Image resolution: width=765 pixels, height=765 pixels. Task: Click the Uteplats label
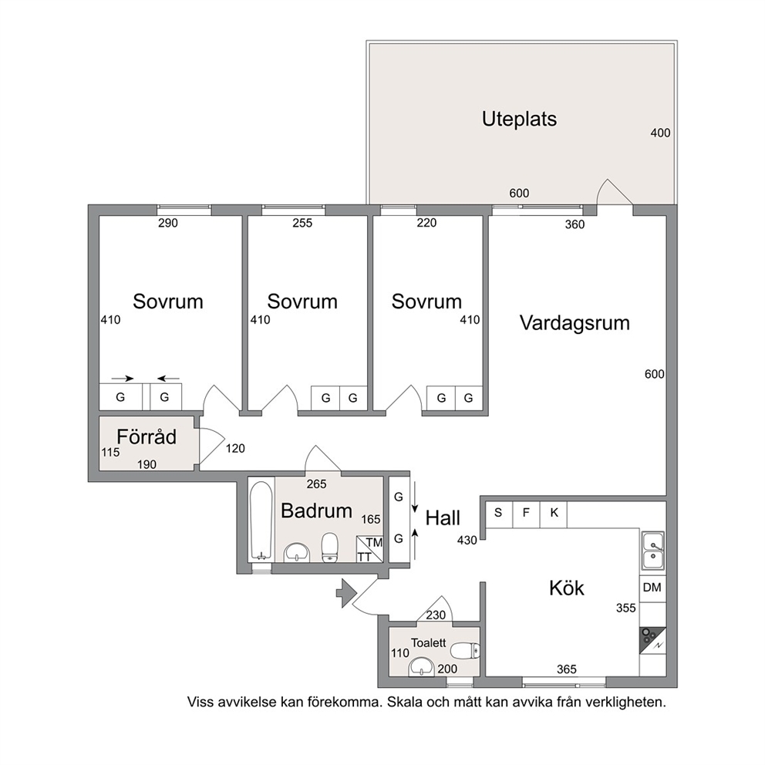[519, 119]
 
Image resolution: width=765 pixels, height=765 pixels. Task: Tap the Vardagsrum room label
[575, 323]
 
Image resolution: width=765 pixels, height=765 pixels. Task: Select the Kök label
[567, 588]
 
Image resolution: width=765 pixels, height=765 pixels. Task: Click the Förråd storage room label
[147, 436]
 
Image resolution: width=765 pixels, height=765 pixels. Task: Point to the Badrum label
[317, 511]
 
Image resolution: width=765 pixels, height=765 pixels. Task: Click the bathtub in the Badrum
[261, 521]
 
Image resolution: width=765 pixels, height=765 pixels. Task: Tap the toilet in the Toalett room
[465, 651]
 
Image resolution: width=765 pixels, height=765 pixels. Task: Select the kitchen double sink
[652, 551]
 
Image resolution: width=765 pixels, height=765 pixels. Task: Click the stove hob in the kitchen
[652, 640]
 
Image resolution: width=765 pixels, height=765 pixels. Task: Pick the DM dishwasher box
[652, 588]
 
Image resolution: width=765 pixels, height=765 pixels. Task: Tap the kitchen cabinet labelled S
[498, 514]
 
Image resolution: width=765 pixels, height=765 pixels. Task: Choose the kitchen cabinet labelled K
[554, 514]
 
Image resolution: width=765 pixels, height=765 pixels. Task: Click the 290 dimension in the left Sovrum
[168, 224]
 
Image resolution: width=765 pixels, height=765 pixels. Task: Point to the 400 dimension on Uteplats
[660, 133]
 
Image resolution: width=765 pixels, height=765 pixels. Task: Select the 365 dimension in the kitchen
[567, 669]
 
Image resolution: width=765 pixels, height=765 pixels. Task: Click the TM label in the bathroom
[374, 543]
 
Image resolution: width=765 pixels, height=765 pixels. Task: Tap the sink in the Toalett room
[421, 666]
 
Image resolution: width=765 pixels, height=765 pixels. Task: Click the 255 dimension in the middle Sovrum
[302, 223]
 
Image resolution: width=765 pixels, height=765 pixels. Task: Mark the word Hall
[443, 518]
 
